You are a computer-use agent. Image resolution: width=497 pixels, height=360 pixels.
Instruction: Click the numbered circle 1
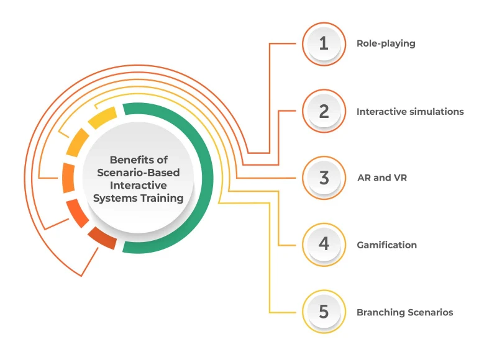pos(323,44)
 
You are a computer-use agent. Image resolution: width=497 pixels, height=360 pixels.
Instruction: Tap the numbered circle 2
pos(323,112)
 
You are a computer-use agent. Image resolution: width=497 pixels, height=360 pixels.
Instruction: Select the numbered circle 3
pos(323,178)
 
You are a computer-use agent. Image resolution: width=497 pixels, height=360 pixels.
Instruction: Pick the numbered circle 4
pos(323,245)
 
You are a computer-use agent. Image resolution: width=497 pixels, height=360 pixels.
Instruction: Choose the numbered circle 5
pos(323,312)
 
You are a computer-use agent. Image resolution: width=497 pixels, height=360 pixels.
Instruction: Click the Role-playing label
pos(386,44)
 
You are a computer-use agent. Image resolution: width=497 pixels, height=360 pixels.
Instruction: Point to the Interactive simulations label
pos(410,112)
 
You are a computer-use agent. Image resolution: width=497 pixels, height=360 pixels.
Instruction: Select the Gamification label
pos(386,245)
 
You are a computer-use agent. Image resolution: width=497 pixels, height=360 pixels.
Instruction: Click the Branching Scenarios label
pos(404,312)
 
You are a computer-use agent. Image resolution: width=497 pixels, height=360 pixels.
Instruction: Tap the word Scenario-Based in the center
pos(139,173)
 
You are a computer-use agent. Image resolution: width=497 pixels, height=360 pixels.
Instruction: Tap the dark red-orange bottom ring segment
pos(102,238)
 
